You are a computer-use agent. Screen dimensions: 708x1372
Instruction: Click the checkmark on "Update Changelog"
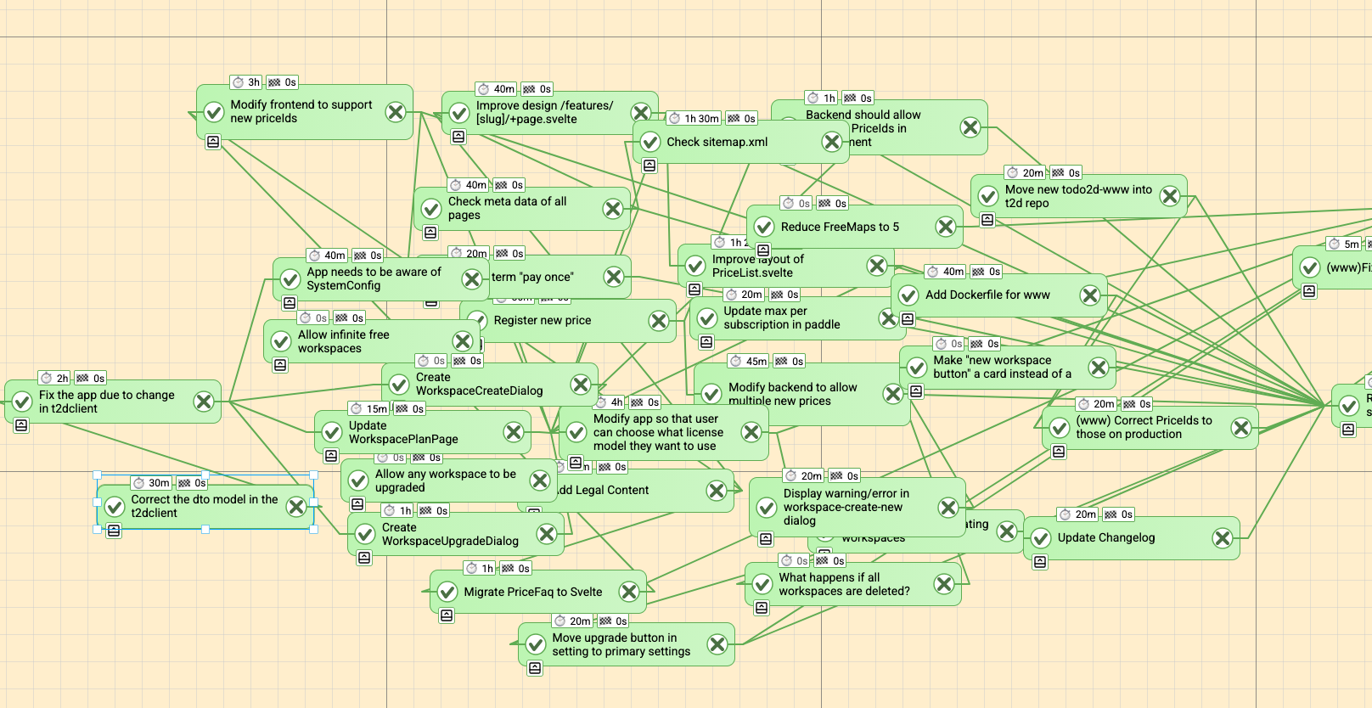[1041, 538]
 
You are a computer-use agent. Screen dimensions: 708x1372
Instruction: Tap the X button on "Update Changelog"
[1223, 538]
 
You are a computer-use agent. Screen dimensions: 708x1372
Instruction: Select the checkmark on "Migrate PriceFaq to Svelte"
[447, 592]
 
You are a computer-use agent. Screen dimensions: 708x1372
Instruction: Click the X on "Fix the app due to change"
[204, 402]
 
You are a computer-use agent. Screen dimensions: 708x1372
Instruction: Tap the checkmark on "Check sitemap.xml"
[650, 142]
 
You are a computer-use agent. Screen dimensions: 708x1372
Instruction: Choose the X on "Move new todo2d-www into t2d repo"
[1170, 196]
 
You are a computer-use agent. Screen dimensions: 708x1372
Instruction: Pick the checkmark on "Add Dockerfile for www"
[908, 295]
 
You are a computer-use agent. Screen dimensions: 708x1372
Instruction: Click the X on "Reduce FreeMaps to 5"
[946, 227]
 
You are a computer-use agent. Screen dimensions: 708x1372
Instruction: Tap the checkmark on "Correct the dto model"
[115, 507]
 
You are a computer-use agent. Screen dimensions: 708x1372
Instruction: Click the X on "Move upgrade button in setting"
[717, 644]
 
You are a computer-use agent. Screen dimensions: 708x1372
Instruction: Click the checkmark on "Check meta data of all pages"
[431, 209]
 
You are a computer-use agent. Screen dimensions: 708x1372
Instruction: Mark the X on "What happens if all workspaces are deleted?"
[944, 584]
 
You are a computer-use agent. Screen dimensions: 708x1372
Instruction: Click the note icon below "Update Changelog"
[1040, 562]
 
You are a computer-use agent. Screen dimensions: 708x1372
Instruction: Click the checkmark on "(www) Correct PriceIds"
[1060, 428]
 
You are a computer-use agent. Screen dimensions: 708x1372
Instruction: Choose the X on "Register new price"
[659, 321]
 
